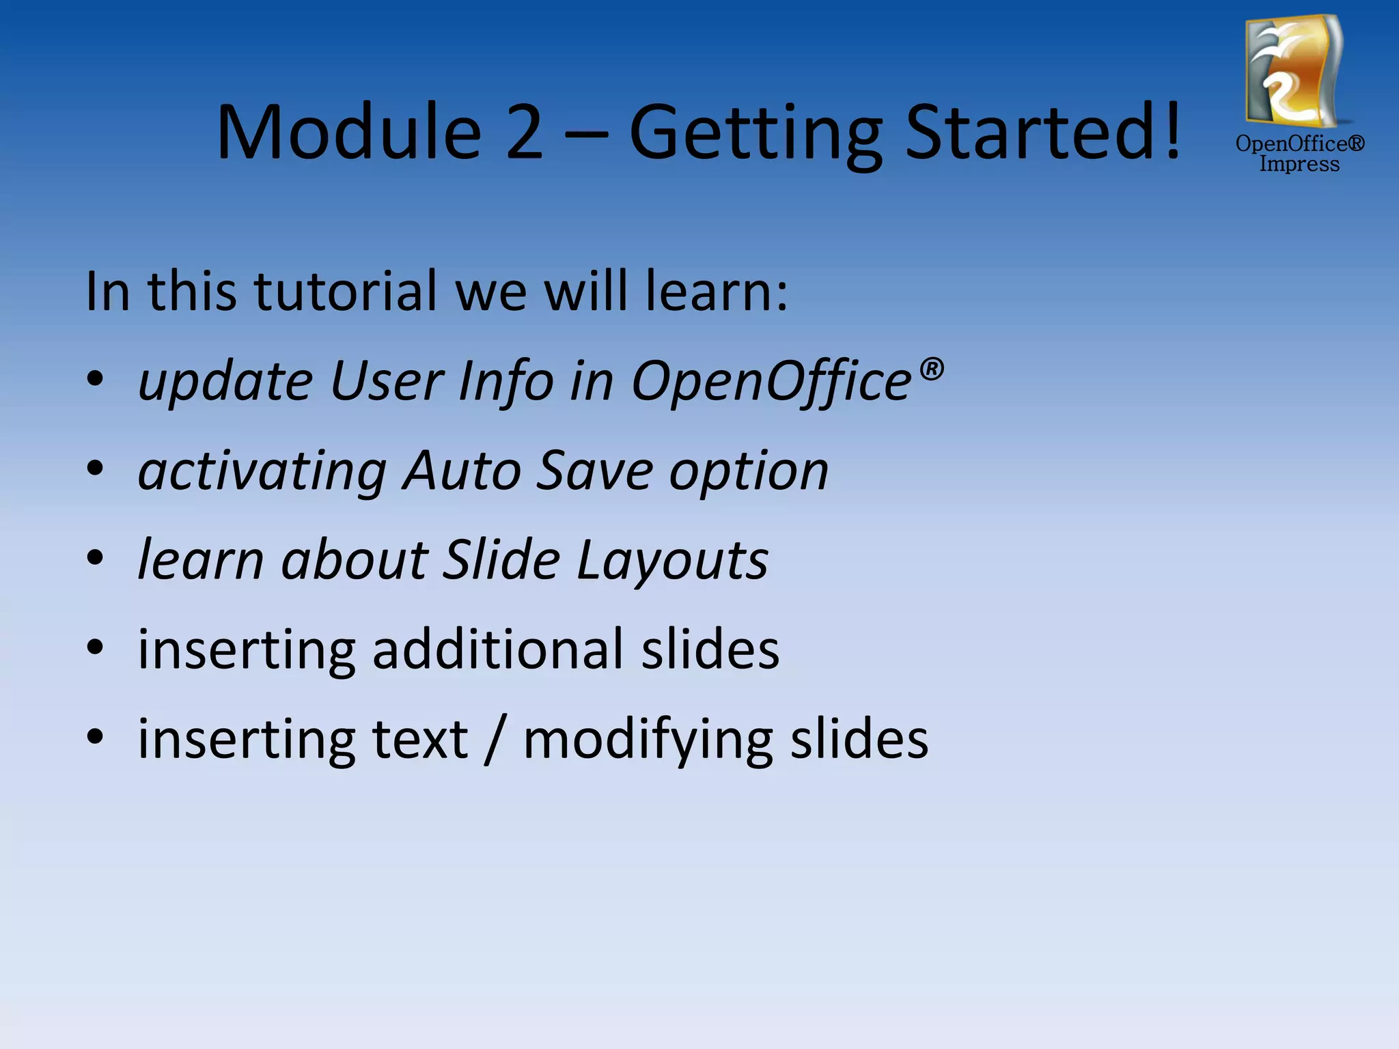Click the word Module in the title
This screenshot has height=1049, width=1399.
(x=349, y=131)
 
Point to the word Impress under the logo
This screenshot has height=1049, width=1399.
(x=1299, y=165)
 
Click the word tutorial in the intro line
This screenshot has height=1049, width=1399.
(x=346, y=291)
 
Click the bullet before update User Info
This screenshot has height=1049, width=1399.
(x=95, y=380)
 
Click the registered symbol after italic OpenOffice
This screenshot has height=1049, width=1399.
(x=931, y=369)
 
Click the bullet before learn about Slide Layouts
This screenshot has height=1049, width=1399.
(x=95, y=559)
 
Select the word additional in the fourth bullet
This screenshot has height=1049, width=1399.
(x=497, y=649)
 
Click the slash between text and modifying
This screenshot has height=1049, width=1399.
(x=495, y=740)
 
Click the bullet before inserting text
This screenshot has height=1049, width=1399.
(x=95, y=738)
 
